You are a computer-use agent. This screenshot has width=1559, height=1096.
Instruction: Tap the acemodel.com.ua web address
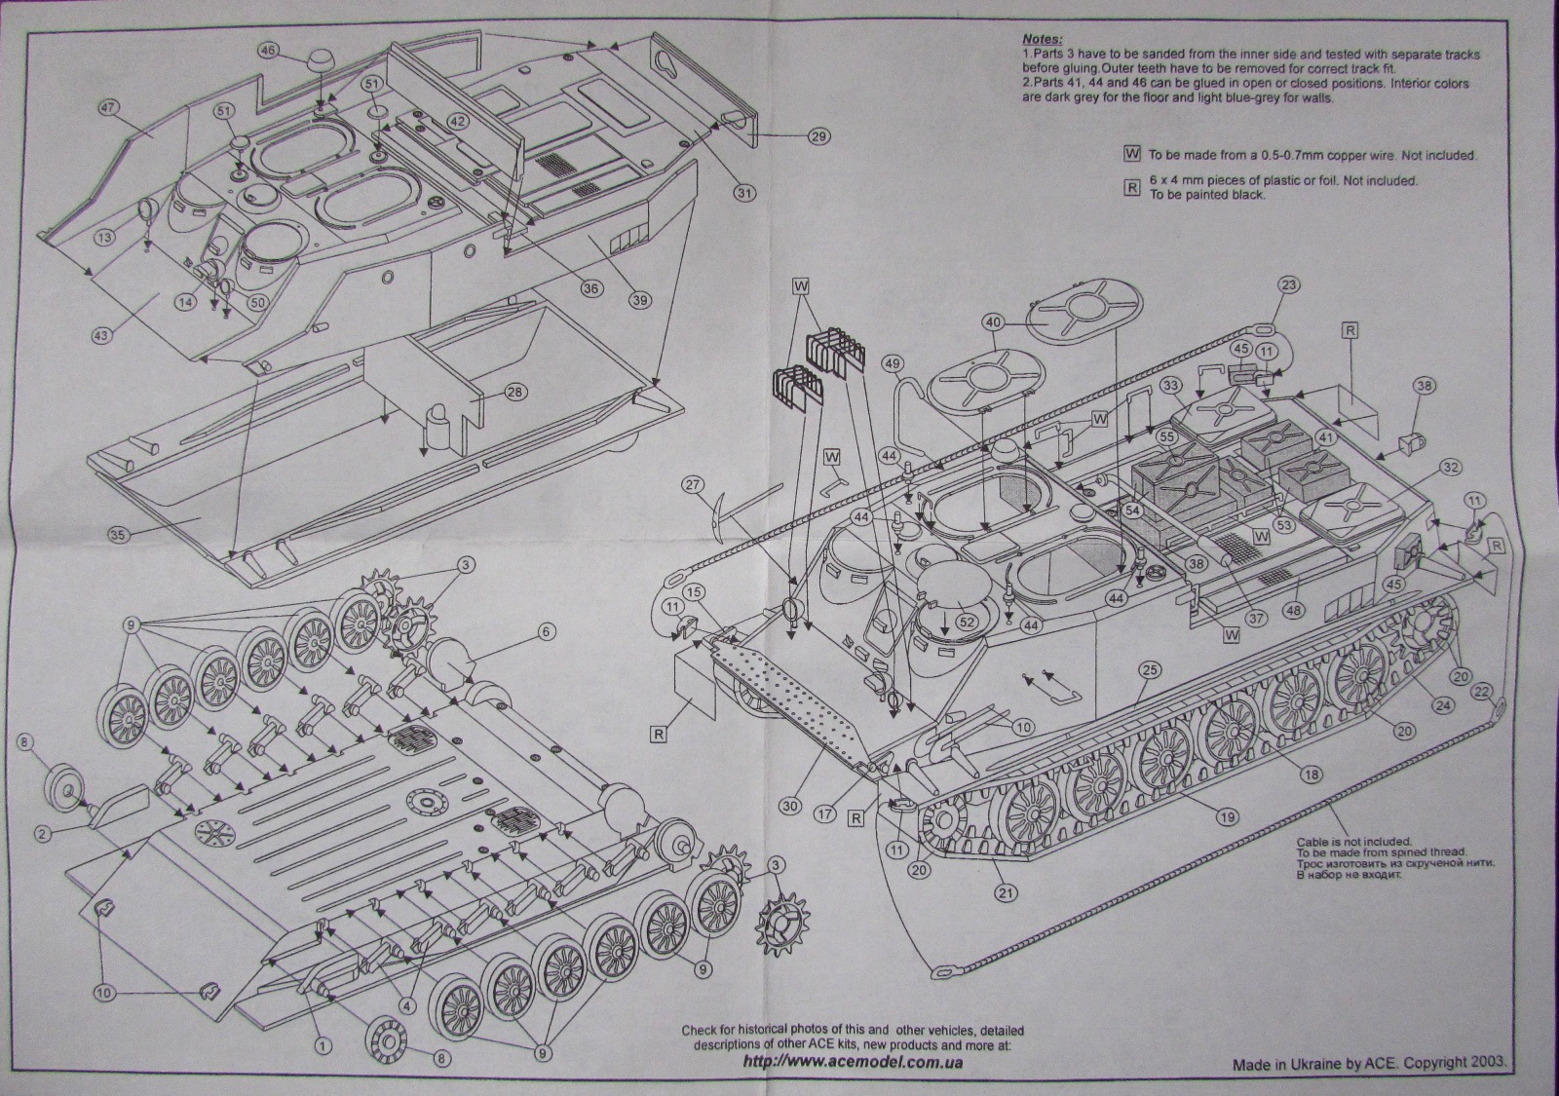point(853,1061)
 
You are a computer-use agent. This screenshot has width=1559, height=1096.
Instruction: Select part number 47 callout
point(109,108)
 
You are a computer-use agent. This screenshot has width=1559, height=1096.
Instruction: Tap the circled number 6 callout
point(546,632)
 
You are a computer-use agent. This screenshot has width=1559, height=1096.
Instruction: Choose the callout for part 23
point(1288,285)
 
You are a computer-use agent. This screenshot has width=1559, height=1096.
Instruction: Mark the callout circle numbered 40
point(993,321)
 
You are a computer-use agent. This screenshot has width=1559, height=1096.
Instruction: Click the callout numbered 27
point(693,484)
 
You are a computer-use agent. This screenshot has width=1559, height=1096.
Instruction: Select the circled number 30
point(789,807)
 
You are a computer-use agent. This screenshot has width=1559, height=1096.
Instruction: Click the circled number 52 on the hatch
point(967,620)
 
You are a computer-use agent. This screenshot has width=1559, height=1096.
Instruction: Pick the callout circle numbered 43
point(102,333)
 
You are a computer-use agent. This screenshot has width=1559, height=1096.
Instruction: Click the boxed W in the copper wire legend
point(1132,154)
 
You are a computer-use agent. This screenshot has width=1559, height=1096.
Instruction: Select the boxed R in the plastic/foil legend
point(1132,187)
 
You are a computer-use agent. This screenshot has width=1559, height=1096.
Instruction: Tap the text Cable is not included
point(1352,842)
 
